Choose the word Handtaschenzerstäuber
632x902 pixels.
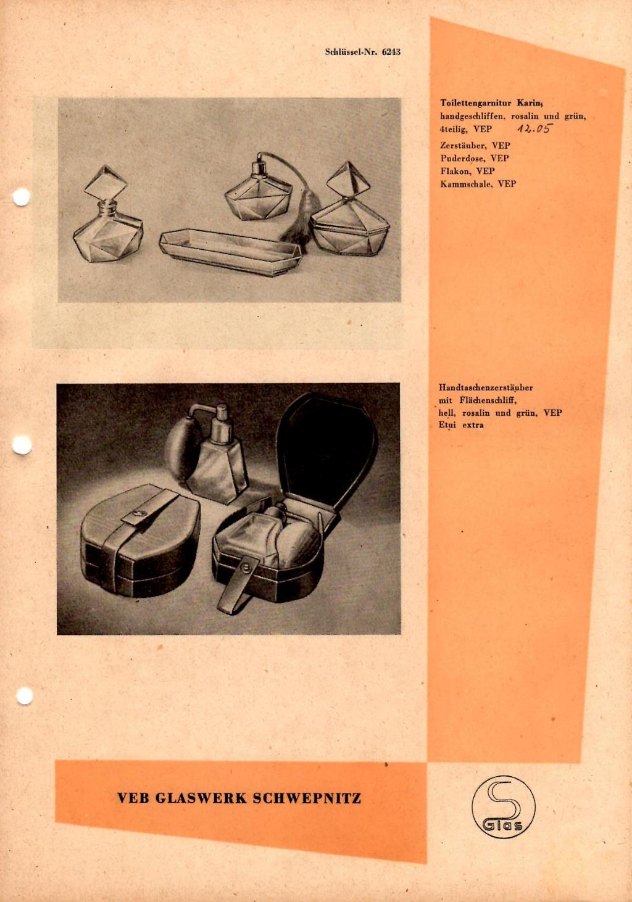486,388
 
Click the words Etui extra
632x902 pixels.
461,425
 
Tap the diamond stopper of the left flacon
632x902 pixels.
106,184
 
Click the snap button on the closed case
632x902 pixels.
139,513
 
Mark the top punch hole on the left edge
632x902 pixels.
21,197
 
